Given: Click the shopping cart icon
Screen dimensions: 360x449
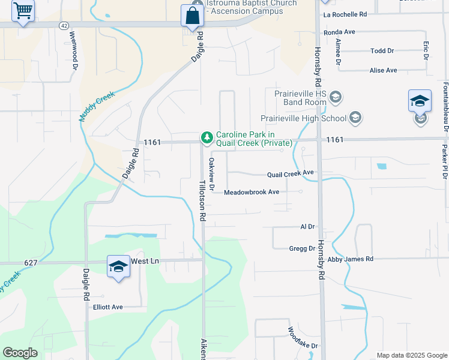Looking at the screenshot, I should point(23,10).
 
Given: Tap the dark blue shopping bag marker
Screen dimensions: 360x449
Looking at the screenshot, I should point(192,16).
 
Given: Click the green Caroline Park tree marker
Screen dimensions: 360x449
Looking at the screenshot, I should point(207,139).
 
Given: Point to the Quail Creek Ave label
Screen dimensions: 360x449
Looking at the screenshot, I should point(291,173).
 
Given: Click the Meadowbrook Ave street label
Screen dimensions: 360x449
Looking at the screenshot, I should point(252,193).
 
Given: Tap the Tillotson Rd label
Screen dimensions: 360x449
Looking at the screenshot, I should point(203,199).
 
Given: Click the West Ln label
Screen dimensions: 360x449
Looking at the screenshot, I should point(145,261).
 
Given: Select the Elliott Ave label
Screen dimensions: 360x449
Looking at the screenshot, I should point(107,307).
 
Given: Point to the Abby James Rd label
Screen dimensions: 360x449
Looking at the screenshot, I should point(351,259).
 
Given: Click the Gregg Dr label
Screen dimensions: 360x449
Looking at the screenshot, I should point(302,248).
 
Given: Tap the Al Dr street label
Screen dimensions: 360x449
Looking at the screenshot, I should point(307,227).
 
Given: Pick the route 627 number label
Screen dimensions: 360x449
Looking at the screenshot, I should point(32,262).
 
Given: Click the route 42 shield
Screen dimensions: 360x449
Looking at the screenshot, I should point(64,25).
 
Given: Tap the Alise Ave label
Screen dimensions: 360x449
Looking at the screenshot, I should point(384,70).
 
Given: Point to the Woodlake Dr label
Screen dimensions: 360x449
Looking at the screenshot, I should point(303,338).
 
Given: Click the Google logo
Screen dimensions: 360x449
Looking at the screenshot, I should point(20,353).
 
